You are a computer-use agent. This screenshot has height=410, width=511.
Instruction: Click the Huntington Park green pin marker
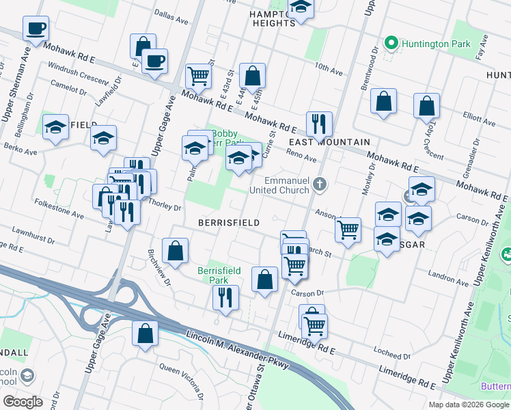click(391, 44)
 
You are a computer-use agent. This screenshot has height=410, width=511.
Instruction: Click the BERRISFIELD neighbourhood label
click(228, 223)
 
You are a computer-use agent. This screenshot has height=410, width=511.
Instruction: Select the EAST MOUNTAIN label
click(329, 142)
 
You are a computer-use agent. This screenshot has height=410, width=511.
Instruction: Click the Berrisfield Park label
click(219, 275)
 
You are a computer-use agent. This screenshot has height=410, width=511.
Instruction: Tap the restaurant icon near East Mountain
click(319, 124)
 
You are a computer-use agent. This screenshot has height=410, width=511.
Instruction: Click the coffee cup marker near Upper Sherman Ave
click(36, 29)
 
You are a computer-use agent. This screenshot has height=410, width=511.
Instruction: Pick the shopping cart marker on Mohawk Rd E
click(198, 76)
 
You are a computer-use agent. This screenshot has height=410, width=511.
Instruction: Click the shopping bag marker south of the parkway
click(145, 335)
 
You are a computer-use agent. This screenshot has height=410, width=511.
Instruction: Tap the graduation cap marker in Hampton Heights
click(300, 8)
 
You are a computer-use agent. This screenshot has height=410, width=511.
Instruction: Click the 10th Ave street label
click(329, 70)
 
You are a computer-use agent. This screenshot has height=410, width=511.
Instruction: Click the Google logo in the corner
click(23, 401)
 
